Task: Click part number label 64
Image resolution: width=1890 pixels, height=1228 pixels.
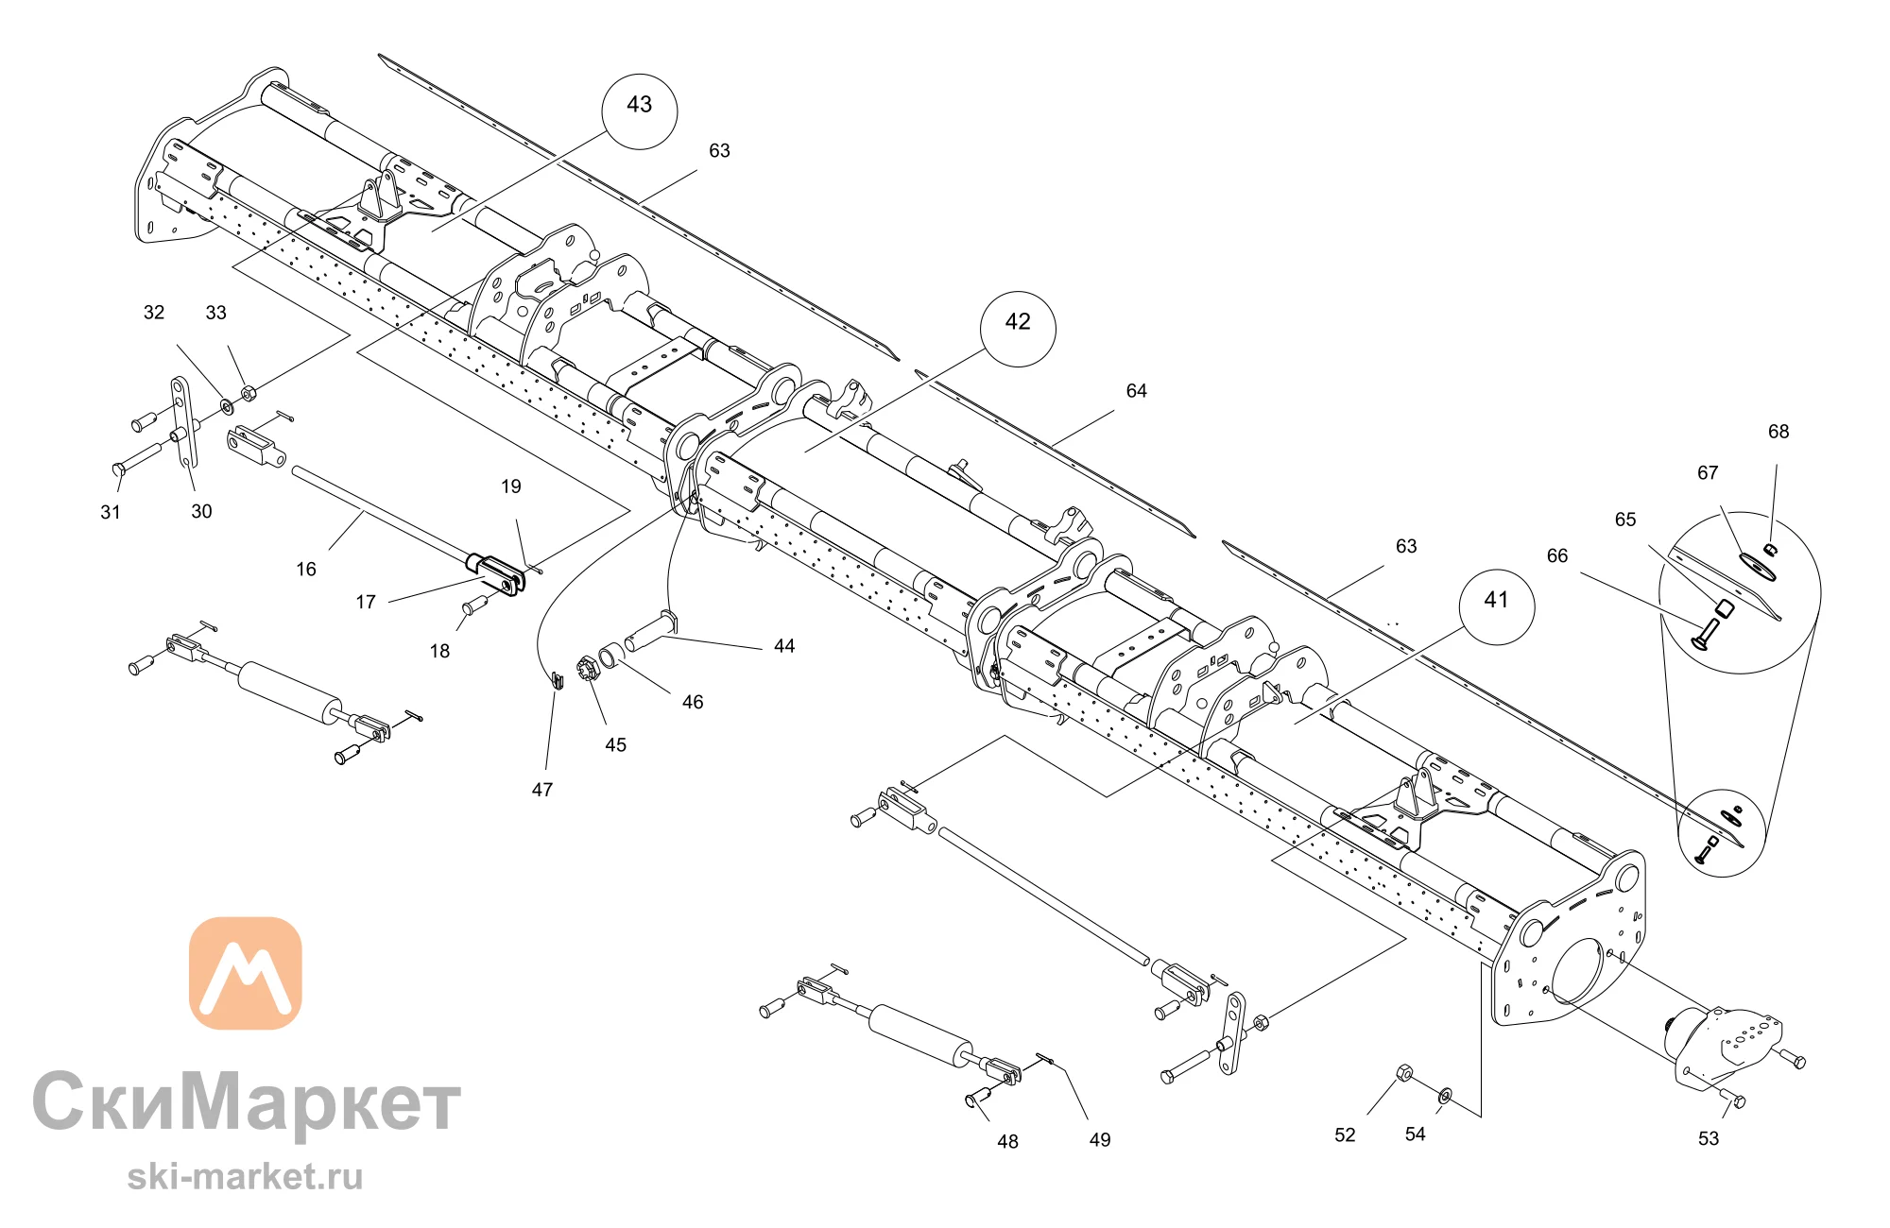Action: [1136, 391]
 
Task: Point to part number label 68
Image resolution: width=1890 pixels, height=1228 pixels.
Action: [1778, 432]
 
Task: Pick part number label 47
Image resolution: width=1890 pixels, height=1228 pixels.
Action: [542, 790]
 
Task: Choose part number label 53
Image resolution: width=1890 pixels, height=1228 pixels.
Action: [1709, 1138]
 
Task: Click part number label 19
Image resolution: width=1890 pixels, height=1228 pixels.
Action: [511, 486]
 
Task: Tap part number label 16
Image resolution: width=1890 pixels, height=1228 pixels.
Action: [306, 570]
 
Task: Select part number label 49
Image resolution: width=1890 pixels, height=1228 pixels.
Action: [1100, 1140]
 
